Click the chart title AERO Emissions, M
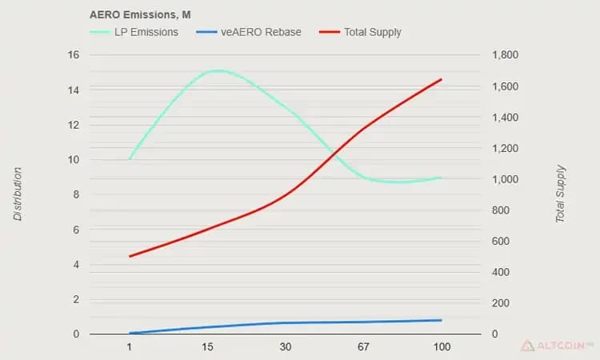click(140, 14)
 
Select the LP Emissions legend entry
click(134, 32)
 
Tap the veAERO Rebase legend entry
click(249, 32)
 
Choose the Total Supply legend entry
click(360, 32)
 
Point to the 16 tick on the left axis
click(74, 54)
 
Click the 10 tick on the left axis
click(74, 159)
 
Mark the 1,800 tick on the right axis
click(505, 54)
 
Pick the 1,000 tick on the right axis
click(505, 179)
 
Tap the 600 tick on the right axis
click(501, 241)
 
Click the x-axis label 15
click(207, 347)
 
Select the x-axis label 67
click(363, 347)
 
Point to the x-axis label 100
click(442, 347)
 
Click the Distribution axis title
click(18, 194)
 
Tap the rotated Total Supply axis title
click(560, 194)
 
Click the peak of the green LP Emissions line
click(218, 70)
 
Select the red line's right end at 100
click(441, 79)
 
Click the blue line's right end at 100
click(441, 320)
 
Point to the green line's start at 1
click(130, 158)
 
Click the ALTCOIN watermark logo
click(557, 346)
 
